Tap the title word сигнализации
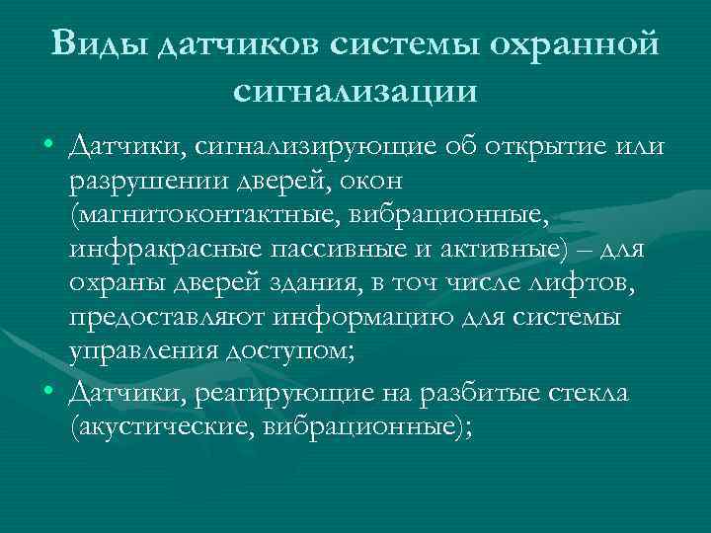[355, 91]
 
